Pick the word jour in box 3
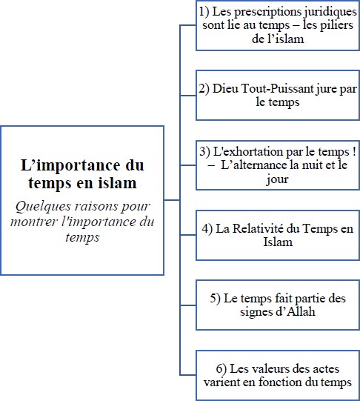point(278,179)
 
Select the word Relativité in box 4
point(258,228)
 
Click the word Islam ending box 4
point(278,242)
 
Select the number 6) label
point(221,369)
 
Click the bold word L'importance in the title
point(71,166)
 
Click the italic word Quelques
point(43,206)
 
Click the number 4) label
point(207,228)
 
